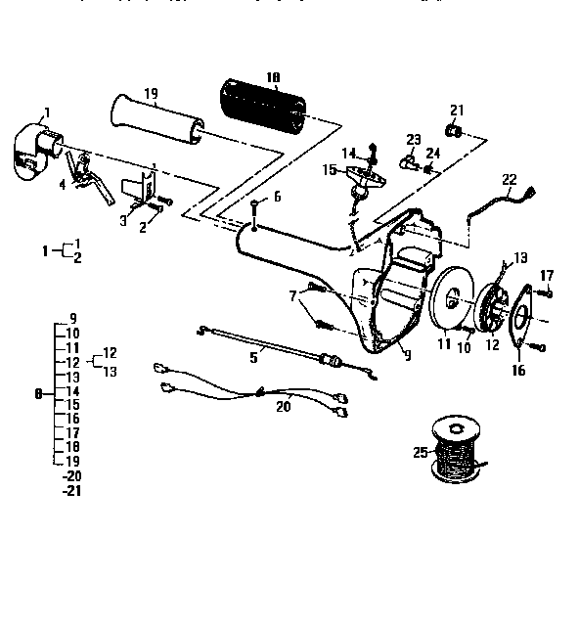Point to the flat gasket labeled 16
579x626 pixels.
(521, 319)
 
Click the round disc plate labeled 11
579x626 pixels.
(450, 299)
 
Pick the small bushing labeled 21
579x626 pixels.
(454, 130)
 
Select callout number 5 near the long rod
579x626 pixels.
(253, 358)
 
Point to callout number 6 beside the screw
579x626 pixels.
(276, 197)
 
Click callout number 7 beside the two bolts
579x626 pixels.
(291, 294)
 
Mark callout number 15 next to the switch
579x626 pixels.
(329, 170)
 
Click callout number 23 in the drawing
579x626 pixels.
(413, 139)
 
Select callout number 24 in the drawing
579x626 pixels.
(434, 153)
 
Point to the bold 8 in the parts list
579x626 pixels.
(37, 395)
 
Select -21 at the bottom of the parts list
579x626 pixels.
(70, 490)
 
